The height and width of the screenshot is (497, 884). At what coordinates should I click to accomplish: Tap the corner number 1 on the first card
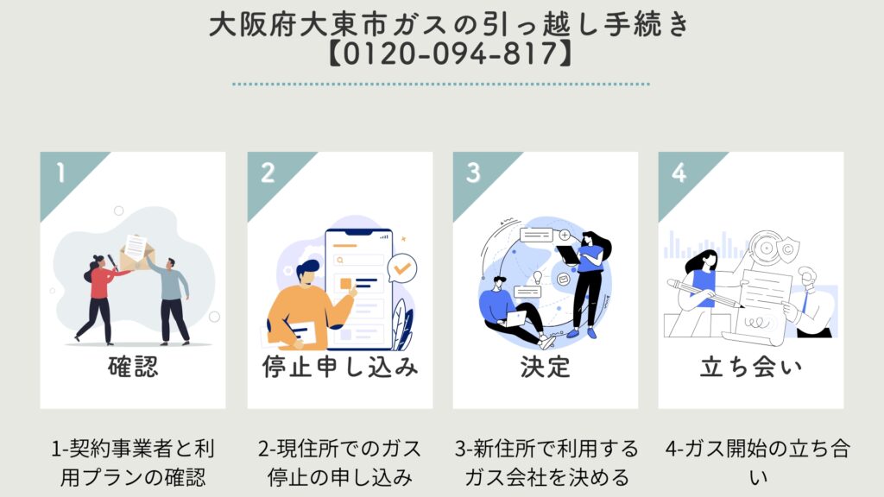[x=61, y=173]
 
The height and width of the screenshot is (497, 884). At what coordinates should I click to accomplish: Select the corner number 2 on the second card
[x=268, y=173]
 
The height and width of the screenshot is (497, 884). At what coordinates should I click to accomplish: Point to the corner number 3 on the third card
[x=474, y=173]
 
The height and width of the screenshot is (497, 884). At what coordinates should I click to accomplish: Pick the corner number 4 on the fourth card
[x=679, y=173]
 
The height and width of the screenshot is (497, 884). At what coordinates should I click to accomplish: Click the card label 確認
[x=133, y=367]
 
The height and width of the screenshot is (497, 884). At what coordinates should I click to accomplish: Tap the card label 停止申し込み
[x=340, y=367]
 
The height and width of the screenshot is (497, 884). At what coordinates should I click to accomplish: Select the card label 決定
[x=546, y=367]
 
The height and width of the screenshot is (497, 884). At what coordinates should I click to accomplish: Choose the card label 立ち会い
[x=751, y=367]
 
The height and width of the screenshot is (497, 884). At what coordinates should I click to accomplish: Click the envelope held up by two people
[x=136, y=252]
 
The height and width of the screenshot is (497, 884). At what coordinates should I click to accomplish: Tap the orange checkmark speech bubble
[x=402, y=268]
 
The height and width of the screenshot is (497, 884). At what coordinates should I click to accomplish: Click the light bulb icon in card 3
[x=538, y=277]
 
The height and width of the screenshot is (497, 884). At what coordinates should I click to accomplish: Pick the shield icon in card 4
[x=787, y=248]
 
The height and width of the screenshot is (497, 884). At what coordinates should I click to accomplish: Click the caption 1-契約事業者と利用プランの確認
[x=133, y=463]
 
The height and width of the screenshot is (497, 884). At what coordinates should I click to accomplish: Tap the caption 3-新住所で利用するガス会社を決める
[x=546, y=463]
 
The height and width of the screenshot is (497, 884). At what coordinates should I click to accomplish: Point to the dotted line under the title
[x=441, y=84]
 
